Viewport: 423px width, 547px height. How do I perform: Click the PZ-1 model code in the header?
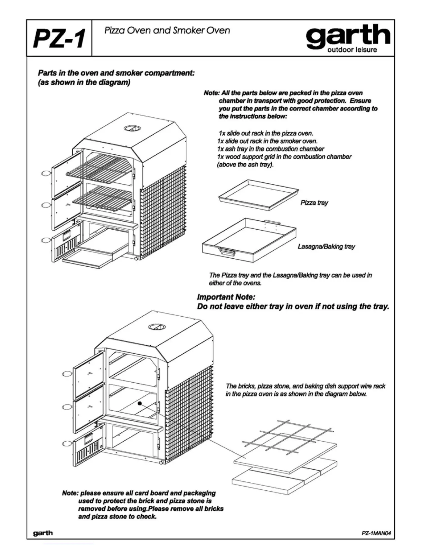coord(59,38)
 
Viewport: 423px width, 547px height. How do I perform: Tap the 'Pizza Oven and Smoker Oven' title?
coord(167,30)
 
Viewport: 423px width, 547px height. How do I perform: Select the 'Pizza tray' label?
coord(314,203)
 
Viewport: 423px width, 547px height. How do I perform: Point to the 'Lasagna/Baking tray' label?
coord(326,247)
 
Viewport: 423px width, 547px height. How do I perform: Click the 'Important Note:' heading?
coord(226,297)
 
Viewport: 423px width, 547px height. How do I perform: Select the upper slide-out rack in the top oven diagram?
coord(102,166)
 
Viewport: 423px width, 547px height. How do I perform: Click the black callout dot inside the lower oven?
coord(139,403)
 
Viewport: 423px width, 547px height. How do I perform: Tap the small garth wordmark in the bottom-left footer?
coord(43,533)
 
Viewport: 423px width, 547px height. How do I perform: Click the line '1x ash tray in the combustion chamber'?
coord(271,149)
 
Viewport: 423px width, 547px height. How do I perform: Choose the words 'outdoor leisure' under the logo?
coord(352,50)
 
